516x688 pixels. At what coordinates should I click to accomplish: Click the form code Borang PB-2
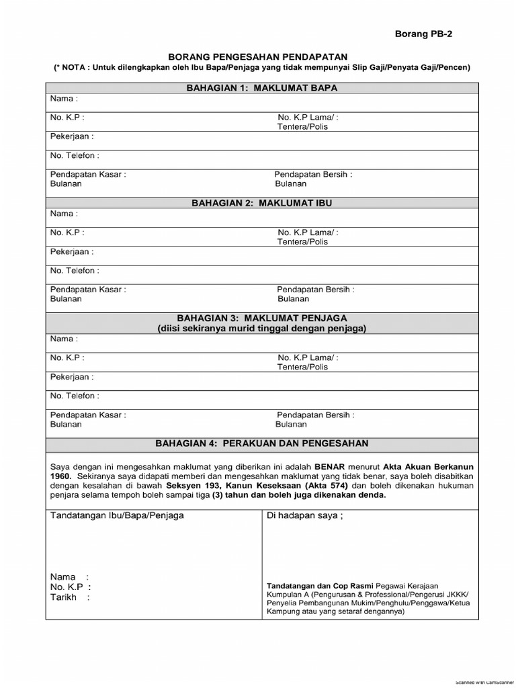coord(423,34)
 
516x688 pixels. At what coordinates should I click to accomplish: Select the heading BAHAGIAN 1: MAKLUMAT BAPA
coord(262,88)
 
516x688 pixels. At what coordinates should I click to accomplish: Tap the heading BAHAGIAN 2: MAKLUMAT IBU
coord(262,203)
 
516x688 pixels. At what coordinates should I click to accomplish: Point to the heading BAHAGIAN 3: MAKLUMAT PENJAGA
coord(262,317)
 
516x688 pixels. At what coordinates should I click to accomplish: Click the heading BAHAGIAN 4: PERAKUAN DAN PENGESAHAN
coord(262,443)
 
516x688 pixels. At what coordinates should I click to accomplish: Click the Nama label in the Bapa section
coord(64,99)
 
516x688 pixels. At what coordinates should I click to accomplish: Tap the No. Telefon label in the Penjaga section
coord(75,396)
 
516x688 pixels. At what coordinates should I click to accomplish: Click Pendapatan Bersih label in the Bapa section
coord(313,174)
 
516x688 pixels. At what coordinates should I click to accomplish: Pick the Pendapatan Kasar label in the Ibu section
coord(88,290)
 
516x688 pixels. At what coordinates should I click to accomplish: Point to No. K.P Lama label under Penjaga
coord(308,358)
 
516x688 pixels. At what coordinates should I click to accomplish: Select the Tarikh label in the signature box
coord(64,597)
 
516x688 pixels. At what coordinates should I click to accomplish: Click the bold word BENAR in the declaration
coord(320,466)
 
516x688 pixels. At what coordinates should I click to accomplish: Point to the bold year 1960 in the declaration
coord(60,475)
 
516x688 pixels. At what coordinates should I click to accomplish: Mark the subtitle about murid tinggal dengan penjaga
coord(262,328)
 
